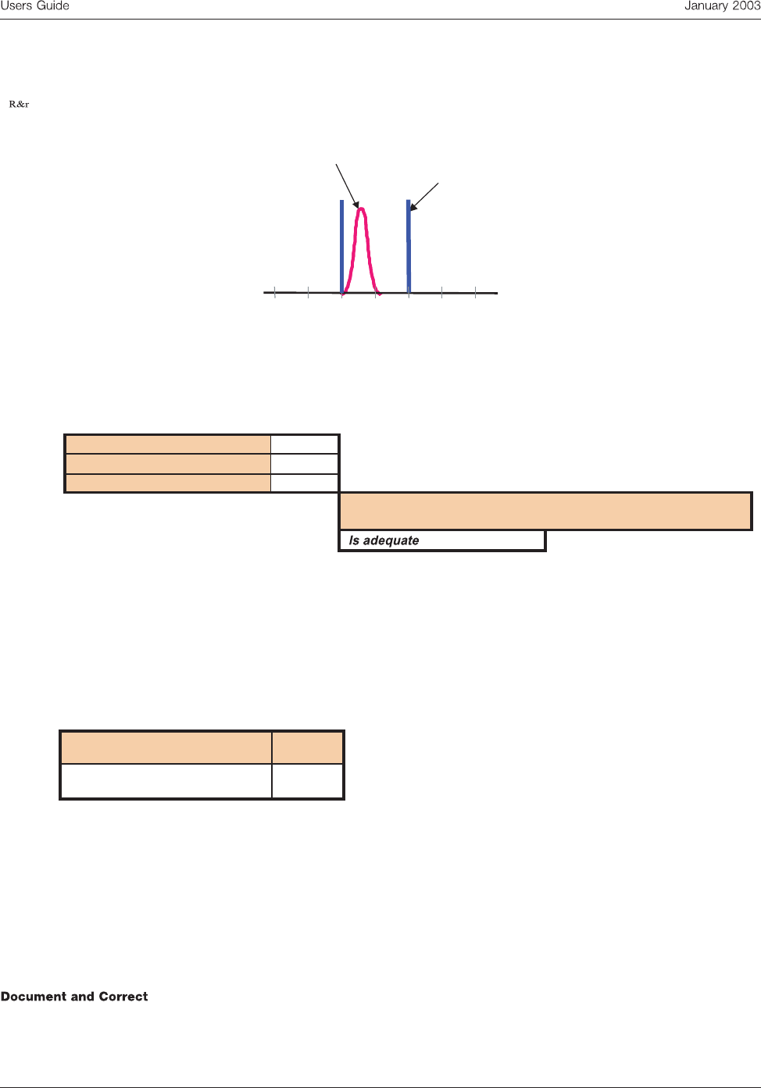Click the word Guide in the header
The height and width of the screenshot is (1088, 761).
coord(52,6)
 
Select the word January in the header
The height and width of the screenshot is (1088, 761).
coord(706,6)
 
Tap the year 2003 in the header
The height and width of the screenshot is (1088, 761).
coord(745,6)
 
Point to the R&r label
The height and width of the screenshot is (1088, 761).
coord(19,104)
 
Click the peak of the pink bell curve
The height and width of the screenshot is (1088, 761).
coord(361,209)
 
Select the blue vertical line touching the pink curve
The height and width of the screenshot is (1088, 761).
coord(341,246)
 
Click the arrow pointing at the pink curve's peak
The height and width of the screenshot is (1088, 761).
coord(347,185)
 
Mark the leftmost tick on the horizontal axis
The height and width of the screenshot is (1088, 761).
coord(275,293)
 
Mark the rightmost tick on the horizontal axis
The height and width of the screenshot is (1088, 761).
coord(475,293)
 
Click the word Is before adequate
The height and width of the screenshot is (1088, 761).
coord(354,540)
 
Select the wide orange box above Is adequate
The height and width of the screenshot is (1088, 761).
coord(545,512)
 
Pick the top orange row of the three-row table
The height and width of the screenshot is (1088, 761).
coord(168,444)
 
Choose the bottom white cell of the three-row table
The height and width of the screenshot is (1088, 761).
coord(305,483)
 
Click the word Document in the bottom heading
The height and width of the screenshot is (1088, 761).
coord(34,997)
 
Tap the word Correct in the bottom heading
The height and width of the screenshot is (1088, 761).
coord(123,997)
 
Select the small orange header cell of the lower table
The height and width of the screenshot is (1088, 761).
coord(308,747)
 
